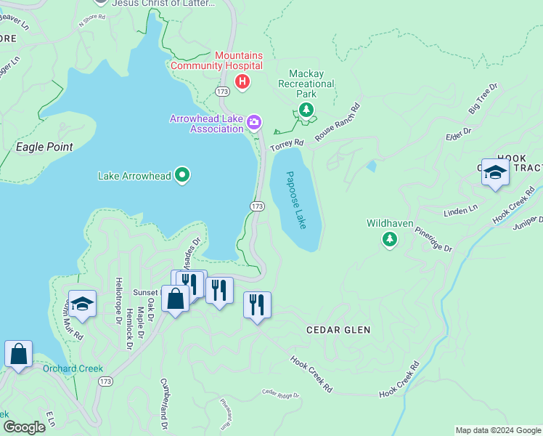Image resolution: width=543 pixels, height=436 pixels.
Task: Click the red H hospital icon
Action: coord(242,83)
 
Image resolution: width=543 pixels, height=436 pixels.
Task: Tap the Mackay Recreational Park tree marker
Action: coord(307,110)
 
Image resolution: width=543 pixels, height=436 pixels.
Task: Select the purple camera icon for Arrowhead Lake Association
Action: coord(254,122)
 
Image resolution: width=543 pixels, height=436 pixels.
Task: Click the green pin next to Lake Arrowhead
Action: coord(183,175)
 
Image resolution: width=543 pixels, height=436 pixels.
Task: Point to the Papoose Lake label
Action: coord(296,200)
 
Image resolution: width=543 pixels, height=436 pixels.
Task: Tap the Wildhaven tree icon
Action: coord(390,239)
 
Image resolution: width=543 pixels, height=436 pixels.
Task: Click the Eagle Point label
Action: coord(44,147)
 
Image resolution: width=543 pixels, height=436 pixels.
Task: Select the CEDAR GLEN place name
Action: coord(338,330)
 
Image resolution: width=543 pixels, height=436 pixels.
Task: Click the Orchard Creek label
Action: coord(73,368)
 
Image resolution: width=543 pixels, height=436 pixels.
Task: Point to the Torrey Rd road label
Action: coord(287,146)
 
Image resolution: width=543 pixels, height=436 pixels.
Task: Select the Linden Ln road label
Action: coord(461,211)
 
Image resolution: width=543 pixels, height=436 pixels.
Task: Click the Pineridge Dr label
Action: coord(433,238)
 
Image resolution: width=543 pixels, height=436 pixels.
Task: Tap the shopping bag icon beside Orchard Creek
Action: coord(19,354)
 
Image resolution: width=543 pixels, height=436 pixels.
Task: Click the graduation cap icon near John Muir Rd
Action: coord(82,304)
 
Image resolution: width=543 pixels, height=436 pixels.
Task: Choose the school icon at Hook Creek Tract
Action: coord(495,172)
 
